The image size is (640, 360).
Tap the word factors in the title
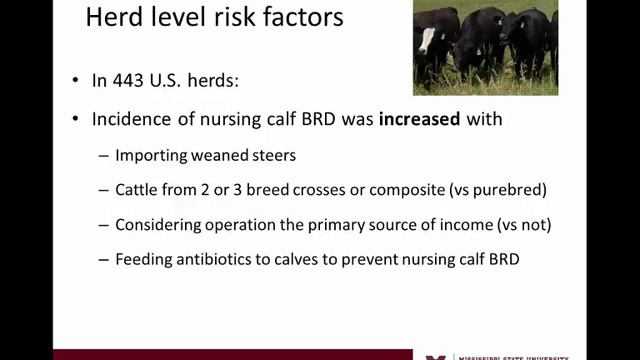tap(300, 17)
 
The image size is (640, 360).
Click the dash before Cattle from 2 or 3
tap(105, 190)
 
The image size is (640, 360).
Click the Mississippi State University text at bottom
tap(510, 355)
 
